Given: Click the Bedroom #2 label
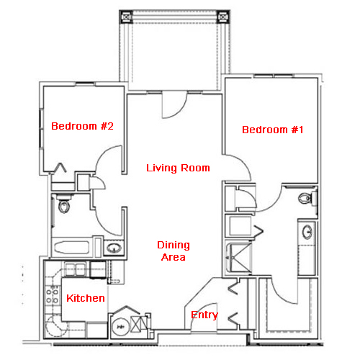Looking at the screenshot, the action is (82, 126).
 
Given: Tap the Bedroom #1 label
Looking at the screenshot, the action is (273, 130).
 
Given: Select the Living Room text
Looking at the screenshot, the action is (178, 168).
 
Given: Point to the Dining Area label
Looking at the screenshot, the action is (174, 251).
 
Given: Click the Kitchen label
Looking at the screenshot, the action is (86, 298).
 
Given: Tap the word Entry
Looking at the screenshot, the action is (204, 315).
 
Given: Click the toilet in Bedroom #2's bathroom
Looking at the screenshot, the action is (64, 203).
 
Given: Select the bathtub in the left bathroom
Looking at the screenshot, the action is (72, 247).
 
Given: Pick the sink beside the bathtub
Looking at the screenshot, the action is (114, 248).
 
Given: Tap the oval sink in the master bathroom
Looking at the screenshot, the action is (307, 232).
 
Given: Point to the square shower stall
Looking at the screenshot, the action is (239, 258).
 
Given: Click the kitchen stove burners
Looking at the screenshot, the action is (53, 296).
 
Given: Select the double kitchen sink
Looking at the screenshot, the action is (76, 269).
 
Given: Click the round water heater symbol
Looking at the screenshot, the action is (120, 327).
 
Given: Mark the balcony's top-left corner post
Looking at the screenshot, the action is (126, 17).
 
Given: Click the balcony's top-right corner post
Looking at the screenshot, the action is (223, 17).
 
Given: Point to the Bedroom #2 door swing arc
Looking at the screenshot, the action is (102, 153).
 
